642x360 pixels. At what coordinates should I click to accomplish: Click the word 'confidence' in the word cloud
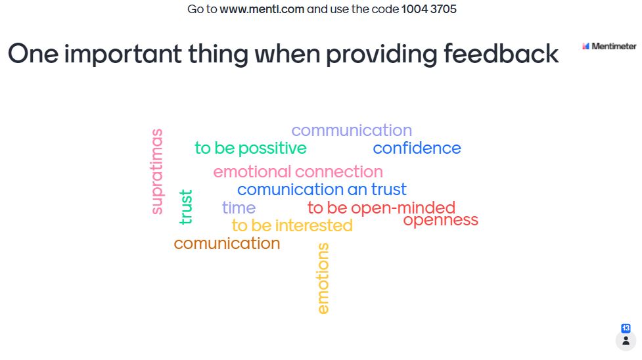[417, 148]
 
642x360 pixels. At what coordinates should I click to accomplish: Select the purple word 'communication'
[352, 130]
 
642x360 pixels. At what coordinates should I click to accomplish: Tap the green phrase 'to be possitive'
[250, 148]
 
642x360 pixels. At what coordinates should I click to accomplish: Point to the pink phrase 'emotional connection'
[298, 171]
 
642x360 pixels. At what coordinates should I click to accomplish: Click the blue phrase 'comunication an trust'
[322, 190]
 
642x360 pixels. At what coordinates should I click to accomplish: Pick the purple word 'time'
[239, 208]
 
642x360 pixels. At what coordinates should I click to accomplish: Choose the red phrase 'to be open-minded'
[381, 208]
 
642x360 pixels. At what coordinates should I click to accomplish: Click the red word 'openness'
[440, 220]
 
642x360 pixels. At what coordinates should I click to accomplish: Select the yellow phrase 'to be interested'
[292, 226]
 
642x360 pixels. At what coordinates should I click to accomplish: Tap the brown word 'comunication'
[227, 244]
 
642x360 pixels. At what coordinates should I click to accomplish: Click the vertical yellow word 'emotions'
[323, 279]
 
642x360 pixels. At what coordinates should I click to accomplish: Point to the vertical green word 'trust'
[185, 207]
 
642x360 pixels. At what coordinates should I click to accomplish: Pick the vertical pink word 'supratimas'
[157, 171]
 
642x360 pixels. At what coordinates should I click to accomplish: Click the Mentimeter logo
[609, 46]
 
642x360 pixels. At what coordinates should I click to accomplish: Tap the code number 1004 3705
[428, 9]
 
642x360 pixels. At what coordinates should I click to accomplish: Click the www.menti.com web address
[262, 9]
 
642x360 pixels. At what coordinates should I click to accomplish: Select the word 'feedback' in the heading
[501, 54]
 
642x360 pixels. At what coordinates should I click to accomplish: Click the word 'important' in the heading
[123, 55]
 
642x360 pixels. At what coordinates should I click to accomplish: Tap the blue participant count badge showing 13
[626, 328]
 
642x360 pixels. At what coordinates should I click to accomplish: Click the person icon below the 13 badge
[626, 341]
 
